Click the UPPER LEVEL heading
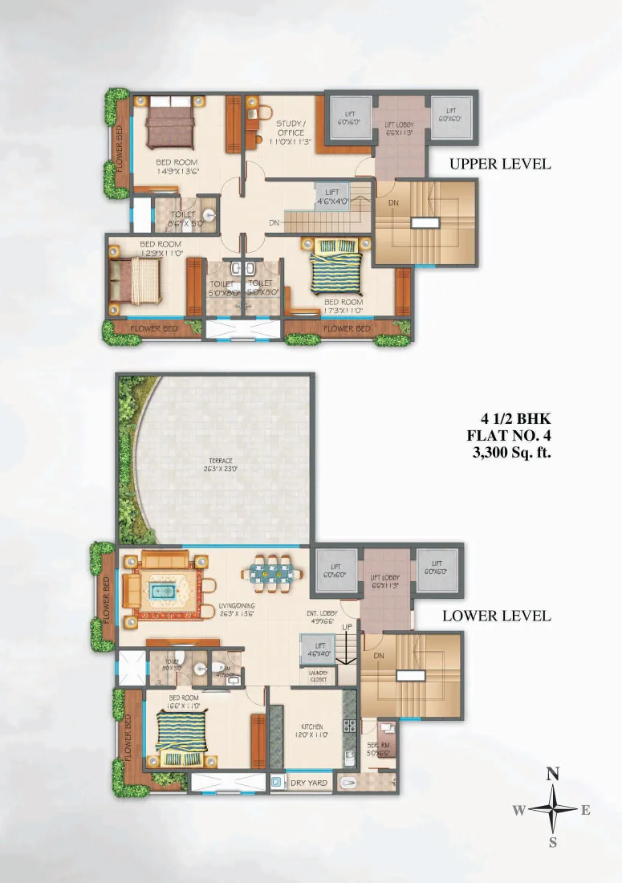tap(500, 164)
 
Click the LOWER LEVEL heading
tap(497, 616)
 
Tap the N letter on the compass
tap(552, 775)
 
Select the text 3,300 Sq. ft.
tap(511, 453)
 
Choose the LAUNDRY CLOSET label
tap(319, 676)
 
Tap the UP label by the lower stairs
tap(347, 626)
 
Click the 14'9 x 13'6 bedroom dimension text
tap(177, 170)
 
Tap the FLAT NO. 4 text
tap(511, 436)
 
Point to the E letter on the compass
tap(586, 810)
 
